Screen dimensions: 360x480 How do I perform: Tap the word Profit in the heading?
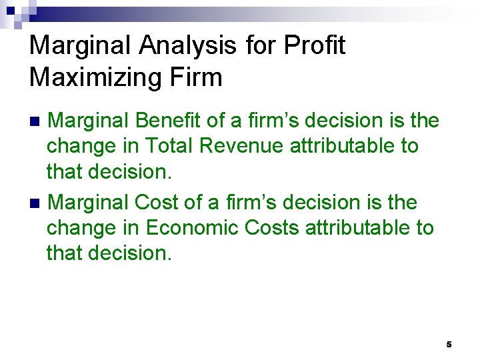[314, 46]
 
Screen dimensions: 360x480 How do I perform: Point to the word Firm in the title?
[197, 78]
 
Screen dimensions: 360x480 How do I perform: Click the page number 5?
[449, 344]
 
